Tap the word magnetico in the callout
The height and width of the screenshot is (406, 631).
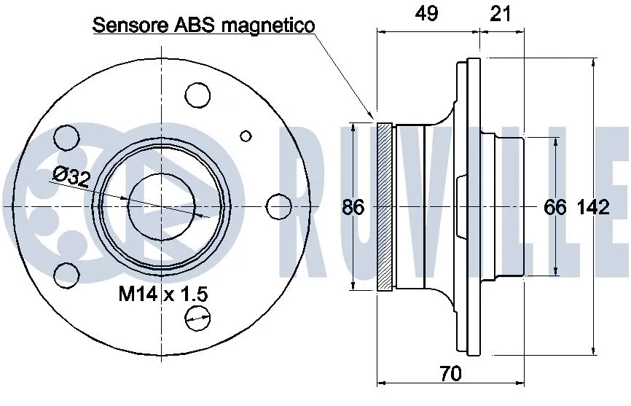click(x=268, y=26)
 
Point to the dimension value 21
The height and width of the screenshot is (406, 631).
click(x=501, y=14)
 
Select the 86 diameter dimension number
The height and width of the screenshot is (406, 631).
click(x=353, y=207)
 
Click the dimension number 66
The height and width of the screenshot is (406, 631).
click(x=555, y=207)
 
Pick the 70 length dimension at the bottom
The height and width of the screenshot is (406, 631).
click(x=451, y=374)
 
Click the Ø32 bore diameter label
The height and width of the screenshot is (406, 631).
click(x=71, y=176)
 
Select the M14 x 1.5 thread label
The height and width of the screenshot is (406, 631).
click(x=163, y=294)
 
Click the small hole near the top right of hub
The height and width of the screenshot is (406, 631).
click(x=246, y=135)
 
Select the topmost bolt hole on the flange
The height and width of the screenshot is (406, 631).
click(x=197, y=95)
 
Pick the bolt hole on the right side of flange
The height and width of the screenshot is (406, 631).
click(x=277, y=206)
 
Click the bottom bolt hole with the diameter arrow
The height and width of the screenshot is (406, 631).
click(x=197, y=316)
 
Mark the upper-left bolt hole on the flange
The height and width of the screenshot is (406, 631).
click(x=66, y=137)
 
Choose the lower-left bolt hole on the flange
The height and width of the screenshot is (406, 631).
click(x=66, y=274)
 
